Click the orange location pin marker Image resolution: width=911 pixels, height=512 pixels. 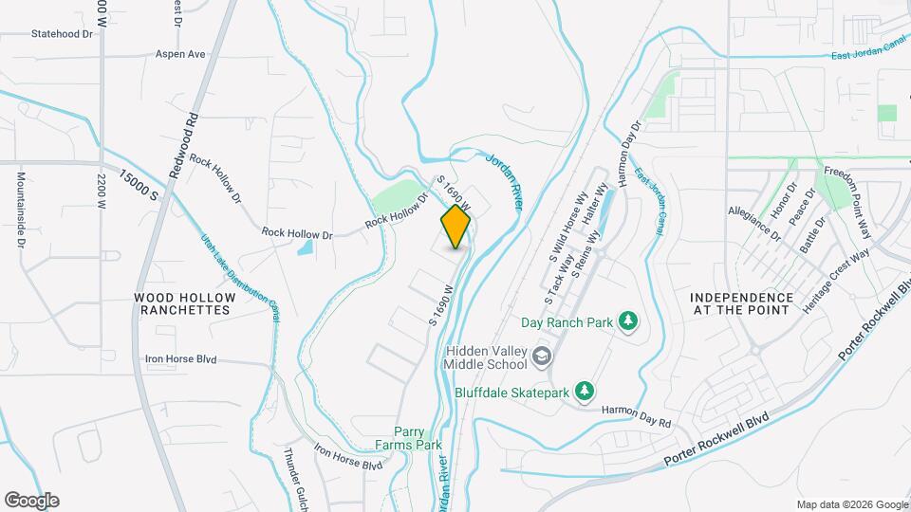(x=456, y=227)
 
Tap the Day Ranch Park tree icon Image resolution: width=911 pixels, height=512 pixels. (x=626, y=321)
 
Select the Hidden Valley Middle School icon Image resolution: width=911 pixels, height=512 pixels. (x=542, y=357)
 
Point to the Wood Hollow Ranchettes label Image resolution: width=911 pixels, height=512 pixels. (x=183, y=303)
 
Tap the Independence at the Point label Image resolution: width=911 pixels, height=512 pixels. (x=742, y=303)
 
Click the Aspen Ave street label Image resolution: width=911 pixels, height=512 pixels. (x=180, y=54)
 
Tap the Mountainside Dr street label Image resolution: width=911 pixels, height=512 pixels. (x=19, y=205)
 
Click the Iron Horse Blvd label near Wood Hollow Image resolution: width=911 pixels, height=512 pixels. (x=180, y=359)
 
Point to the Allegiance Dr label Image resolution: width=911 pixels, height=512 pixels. (x=753, y=222)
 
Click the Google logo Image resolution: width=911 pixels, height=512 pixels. (x=31, y=501)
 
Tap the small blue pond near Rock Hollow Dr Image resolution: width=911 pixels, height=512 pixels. (x=305, y=247)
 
